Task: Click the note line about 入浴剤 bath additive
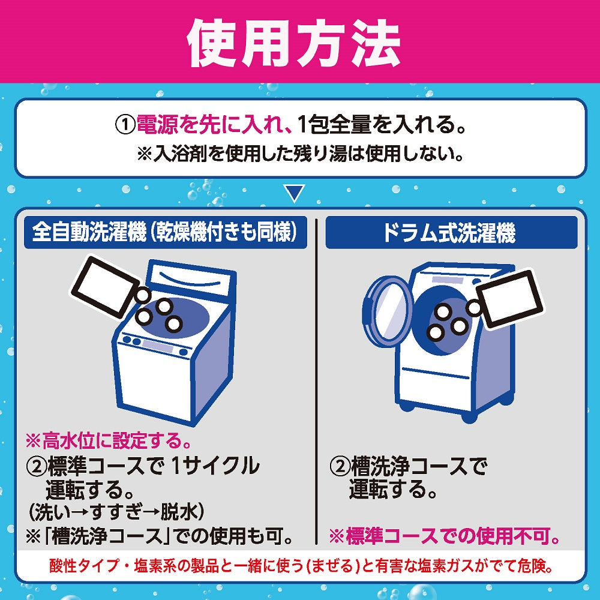click(x=300, y=155)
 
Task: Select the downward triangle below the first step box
click(x=293, y=193)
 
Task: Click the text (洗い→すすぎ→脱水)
click(x=117, y=512)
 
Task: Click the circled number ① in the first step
click(x=125, y=126)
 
